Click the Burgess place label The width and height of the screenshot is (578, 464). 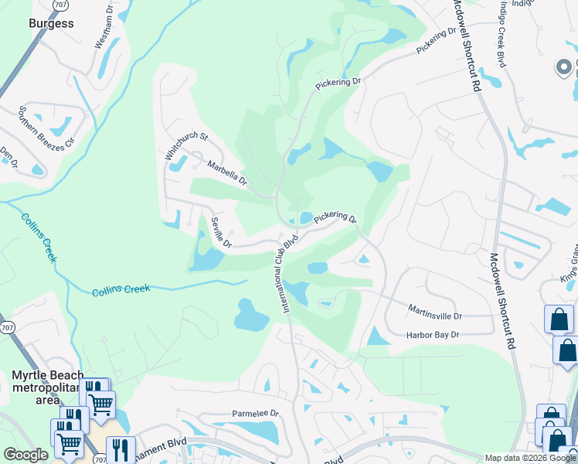click(x=51, y=23)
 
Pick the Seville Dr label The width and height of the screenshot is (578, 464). click(x=218, y=232)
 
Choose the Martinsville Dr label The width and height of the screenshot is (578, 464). click(x=434, y=316)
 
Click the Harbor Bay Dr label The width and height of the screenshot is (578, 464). click(x=433, y=335)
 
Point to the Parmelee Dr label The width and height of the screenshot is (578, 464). click(x=254, y=414)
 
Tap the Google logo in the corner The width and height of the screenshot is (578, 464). click(x=25, y=455)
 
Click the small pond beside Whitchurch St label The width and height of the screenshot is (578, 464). click(x=177, y=163)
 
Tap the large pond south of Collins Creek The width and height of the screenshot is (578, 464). click(x=252, y=315)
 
